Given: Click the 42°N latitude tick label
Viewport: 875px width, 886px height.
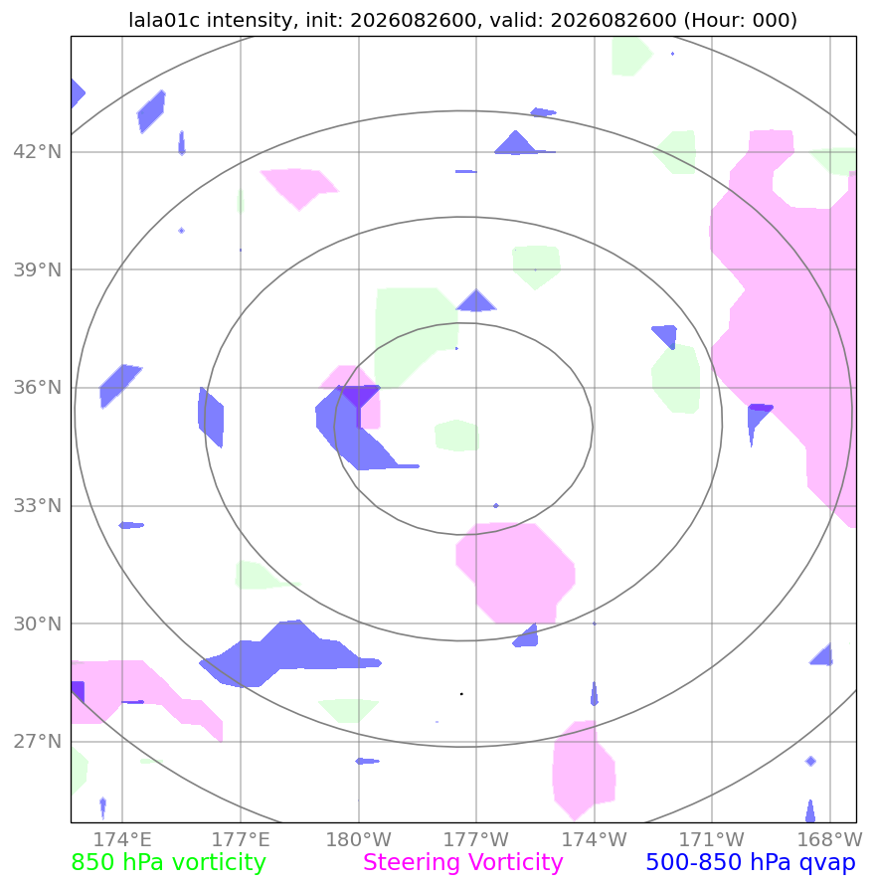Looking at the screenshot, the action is [37, 152].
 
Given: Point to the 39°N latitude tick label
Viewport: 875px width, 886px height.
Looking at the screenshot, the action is [37, 270].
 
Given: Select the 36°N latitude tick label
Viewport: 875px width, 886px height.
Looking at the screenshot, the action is [37, 388].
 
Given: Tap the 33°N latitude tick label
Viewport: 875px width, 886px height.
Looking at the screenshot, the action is [37, 506].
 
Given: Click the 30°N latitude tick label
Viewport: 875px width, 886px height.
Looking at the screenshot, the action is [37, 623].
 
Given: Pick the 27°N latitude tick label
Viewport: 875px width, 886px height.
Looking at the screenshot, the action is [37, 742].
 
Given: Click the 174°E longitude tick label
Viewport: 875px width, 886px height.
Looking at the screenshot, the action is [122, 839].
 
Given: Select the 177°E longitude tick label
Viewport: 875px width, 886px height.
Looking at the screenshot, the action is [241, 839].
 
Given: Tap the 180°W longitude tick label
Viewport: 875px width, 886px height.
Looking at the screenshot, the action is [359, 839].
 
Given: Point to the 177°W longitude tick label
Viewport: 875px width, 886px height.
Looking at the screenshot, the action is [476, 839].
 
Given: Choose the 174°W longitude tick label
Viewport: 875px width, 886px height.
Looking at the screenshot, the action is [595, 839].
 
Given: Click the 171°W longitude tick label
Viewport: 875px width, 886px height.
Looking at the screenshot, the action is [712, 839].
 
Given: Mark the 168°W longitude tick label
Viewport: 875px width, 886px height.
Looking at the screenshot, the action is [830, 839].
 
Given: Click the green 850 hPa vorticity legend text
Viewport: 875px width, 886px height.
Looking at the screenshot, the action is [168, 863].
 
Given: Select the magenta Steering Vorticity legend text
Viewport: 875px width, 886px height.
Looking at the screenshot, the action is [463, 863].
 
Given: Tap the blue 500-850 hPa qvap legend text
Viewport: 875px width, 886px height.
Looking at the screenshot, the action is [751, 863].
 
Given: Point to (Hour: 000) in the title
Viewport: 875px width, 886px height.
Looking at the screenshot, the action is [741, 20].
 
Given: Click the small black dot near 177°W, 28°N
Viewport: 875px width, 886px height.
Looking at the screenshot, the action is [461, 694].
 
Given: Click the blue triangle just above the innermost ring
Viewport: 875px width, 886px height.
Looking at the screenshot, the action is [476, 301].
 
